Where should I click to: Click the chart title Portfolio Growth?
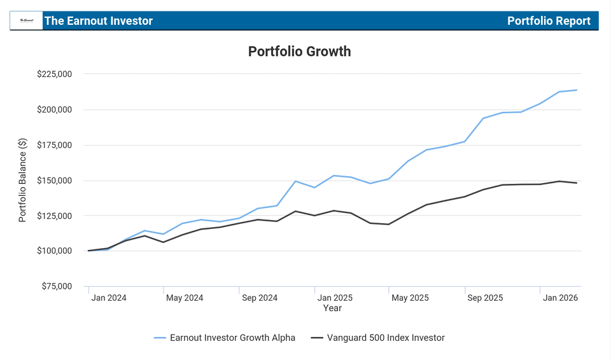pos(299,52)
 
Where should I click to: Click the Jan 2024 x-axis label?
pos(109,298)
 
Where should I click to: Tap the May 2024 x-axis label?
pos(184,298)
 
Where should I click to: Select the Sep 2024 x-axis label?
pos(260,298)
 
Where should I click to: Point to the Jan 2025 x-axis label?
pos(335,298)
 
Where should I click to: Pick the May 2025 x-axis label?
pos(410,298)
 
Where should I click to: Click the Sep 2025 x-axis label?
pos(485,298)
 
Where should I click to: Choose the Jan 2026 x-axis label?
pos(560,298)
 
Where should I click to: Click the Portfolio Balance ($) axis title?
pos(23,180)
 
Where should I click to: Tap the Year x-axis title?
pos(332,308)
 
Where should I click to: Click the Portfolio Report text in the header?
pos(549,21)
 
